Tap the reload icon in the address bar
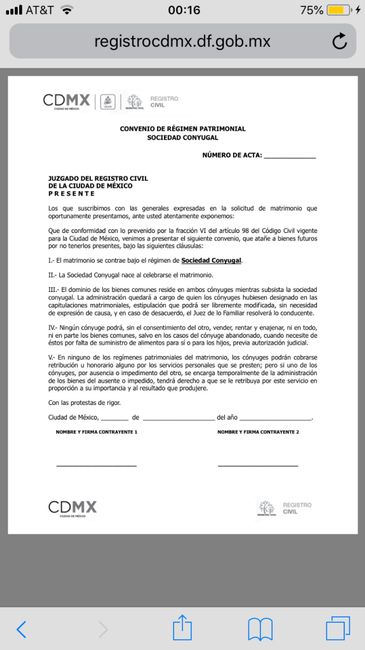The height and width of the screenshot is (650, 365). click(x=339, y=41)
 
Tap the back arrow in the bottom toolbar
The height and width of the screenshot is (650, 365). click(x=22, y=629)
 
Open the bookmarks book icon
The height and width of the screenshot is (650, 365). click(x=261, y=628)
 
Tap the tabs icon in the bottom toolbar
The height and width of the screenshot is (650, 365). click(x=337, y=628)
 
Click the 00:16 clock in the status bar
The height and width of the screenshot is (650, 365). click(x=184, y=10)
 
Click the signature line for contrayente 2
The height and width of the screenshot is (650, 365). click(x=258, y=466)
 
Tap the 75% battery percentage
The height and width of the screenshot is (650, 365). click(x=311, y=10)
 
